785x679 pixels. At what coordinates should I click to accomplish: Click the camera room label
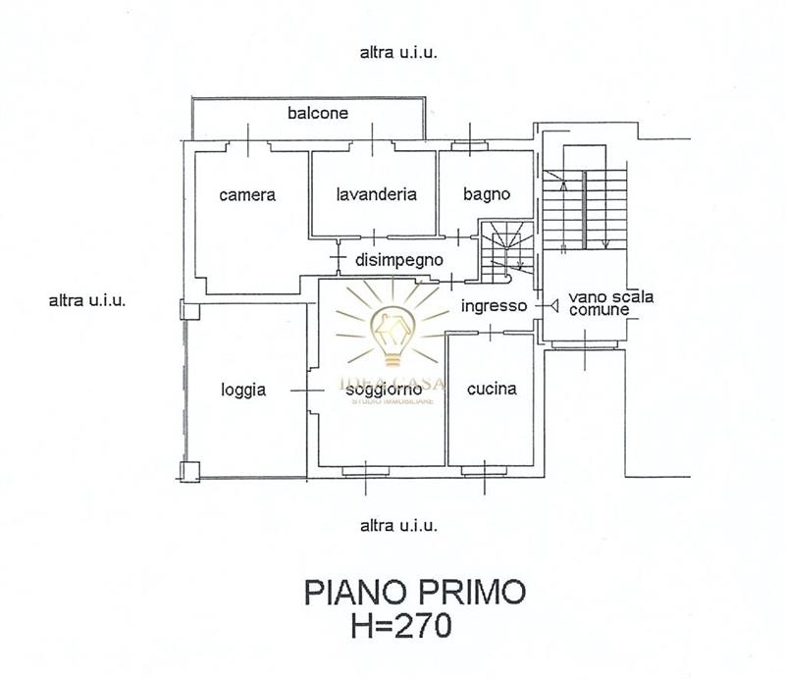click(247, 195)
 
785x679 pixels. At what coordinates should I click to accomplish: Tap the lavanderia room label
click(376, 194)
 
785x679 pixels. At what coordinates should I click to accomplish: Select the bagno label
click(486, 195)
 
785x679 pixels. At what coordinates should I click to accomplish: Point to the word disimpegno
click(399, 260)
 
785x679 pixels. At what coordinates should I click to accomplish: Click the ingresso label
click(494, 306)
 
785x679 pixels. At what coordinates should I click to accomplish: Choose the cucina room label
click(492, 389)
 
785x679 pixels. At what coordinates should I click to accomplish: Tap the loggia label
click(243, 391)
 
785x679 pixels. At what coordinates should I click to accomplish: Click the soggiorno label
click(384, 391)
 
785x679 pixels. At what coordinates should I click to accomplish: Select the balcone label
click(318, 113)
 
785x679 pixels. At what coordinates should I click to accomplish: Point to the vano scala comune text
click(610, 303)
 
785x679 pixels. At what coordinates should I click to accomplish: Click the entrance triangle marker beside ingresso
click(553, 305)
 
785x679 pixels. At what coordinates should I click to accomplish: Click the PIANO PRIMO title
click(415, 592)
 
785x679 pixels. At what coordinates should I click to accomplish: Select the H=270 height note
click(401, 625)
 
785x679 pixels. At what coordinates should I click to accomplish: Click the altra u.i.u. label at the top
click(398, 52)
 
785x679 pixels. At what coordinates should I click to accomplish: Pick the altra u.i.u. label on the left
click(87, 300)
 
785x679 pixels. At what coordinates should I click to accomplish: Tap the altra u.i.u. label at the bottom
click(398, 526)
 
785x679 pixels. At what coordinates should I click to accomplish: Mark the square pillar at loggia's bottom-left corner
click(189, 472)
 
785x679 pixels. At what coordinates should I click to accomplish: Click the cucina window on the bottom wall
click(484, 471)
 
